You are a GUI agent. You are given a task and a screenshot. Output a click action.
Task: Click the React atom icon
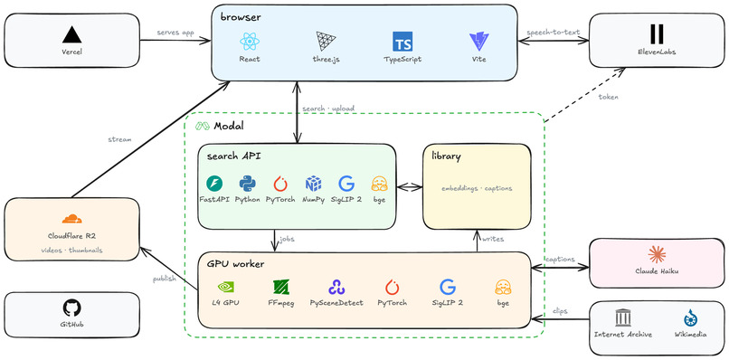pos(250,42)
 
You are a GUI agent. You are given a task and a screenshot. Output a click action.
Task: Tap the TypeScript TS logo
pos(402,42)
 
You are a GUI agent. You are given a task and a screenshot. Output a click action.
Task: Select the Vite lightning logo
pos(478,42)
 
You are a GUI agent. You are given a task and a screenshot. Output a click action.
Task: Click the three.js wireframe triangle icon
pos(326,42)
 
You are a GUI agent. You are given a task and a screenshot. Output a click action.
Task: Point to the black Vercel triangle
pos(71,35)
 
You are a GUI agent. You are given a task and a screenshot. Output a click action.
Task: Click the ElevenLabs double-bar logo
pos(657,34)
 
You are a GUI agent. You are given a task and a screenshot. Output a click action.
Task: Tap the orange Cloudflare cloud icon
pos(71,219)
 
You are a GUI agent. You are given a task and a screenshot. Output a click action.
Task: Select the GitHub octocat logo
pos(71,308)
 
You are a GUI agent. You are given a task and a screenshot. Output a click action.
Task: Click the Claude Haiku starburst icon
pos(657,255)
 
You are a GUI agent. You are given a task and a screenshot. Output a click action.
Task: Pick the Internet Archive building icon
pos(622,317)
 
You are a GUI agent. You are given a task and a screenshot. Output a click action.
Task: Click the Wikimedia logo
pos(690,317)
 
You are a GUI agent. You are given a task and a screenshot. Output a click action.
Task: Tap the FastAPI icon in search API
pos(214,184)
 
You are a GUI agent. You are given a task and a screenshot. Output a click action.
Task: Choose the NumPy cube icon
pos(313,184)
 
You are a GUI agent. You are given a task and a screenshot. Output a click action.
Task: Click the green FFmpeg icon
pos(281,288)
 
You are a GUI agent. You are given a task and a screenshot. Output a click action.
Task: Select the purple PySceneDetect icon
pos(336,288)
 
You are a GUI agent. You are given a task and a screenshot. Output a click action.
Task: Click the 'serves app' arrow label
pos(175,33)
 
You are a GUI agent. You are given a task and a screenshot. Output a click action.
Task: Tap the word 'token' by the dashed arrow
pos(609,98)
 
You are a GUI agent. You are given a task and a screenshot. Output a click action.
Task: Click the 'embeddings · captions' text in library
pos(477,188)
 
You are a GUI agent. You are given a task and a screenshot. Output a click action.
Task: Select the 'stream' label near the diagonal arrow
pos(119,139)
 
